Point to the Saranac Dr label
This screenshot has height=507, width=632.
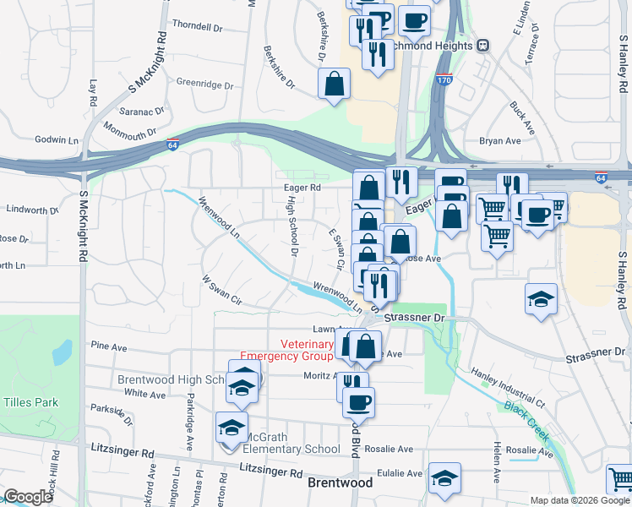click(140, 111)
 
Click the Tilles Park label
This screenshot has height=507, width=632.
click(30, 402)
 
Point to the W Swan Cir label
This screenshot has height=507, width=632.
click(222, 289)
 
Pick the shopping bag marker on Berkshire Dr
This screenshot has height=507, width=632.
click(335, 84)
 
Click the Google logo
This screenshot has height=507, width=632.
click(28, 497)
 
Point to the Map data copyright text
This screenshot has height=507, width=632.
click(580, 500)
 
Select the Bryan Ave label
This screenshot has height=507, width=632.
click(499, 141)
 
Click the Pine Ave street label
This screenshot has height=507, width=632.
click(108, 346)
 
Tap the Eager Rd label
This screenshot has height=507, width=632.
click(302, 188)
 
